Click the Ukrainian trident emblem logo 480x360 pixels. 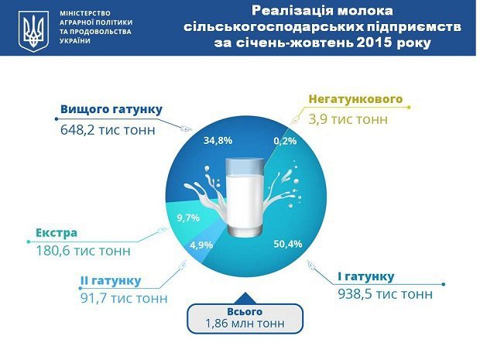[33, 31]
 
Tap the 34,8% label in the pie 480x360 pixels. [218, 140]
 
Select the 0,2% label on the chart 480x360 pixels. [285, 141]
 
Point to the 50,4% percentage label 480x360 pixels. [288, 244]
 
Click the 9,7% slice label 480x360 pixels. [188, 218]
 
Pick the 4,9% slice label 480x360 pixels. [201, 245]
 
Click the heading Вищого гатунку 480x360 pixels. [111, 109]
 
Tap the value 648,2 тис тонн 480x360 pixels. [108, 130]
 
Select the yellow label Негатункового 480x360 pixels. [355, 99]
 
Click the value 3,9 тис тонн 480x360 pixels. [348, 119]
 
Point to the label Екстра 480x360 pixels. [57, 233]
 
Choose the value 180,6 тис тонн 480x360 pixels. [84, 251]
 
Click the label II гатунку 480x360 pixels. [111, 281]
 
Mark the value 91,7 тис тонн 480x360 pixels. [124, 298]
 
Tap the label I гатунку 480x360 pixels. [366, 276]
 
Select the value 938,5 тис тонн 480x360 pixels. [385, 294]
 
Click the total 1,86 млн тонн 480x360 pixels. [245, 324]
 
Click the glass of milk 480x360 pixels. [245, 197]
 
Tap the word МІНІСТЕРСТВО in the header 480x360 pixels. [85, 13]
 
